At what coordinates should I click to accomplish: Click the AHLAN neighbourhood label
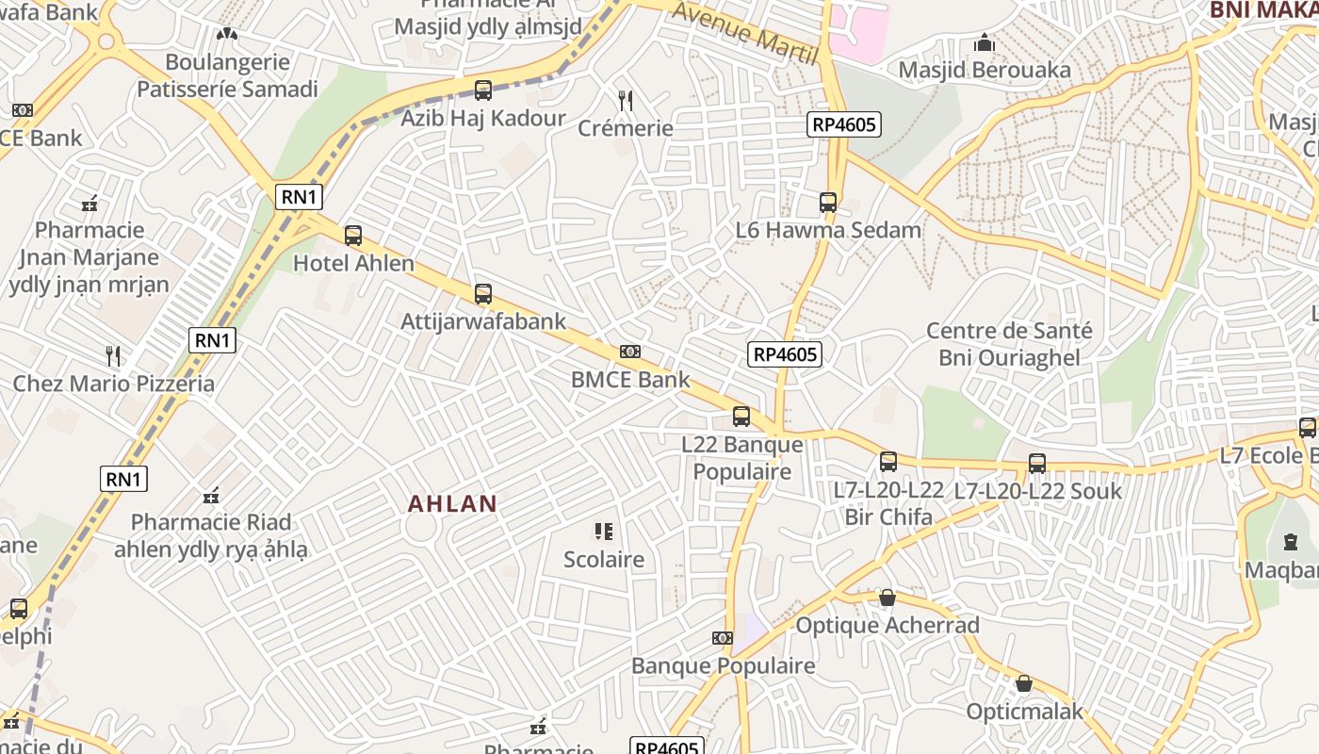click(451, 503)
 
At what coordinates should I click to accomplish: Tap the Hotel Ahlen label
click(353, 263)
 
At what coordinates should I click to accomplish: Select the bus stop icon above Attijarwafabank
click(483, 294)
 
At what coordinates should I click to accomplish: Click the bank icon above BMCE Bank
click(630, 352)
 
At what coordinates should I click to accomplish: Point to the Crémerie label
click(626, 128)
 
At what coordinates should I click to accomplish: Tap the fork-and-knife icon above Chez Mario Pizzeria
click(113, 355)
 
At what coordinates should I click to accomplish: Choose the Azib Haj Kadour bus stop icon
click(483, 90)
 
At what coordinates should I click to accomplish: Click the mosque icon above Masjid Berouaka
click(985, 42)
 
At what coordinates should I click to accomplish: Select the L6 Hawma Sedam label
click(828, 230)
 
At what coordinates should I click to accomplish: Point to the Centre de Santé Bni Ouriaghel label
click(1009, 344)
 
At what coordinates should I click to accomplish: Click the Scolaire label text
click(604, 559)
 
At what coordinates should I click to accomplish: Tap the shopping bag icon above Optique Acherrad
click(887, 598)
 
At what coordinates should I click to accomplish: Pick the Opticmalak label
click(1025, 711)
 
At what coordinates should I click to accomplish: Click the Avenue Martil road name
click(745, 32)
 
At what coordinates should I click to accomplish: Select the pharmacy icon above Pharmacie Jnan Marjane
click(90, 203)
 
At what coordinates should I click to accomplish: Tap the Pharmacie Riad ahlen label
click(211, 535)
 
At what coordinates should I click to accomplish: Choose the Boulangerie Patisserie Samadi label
click(227, 75)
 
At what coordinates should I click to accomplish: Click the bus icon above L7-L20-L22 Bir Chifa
click(888, 462)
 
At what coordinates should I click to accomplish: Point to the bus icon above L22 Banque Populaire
click(741, 417)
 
